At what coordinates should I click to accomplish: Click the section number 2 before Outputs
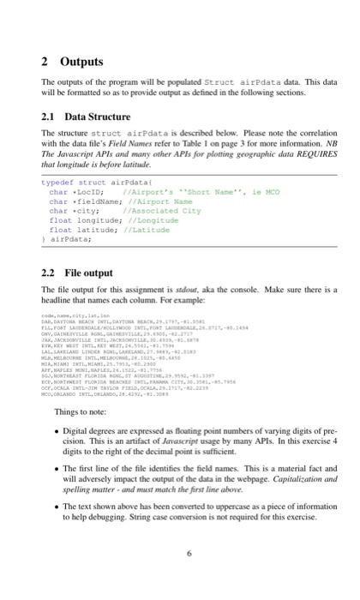click(x=45, y=63)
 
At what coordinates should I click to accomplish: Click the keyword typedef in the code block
click(x=57, y=183)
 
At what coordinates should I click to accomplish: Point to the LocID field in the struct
click(x=90, y=192)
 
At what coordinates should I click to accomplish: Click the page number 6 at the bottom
click(x=180, y=578)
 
